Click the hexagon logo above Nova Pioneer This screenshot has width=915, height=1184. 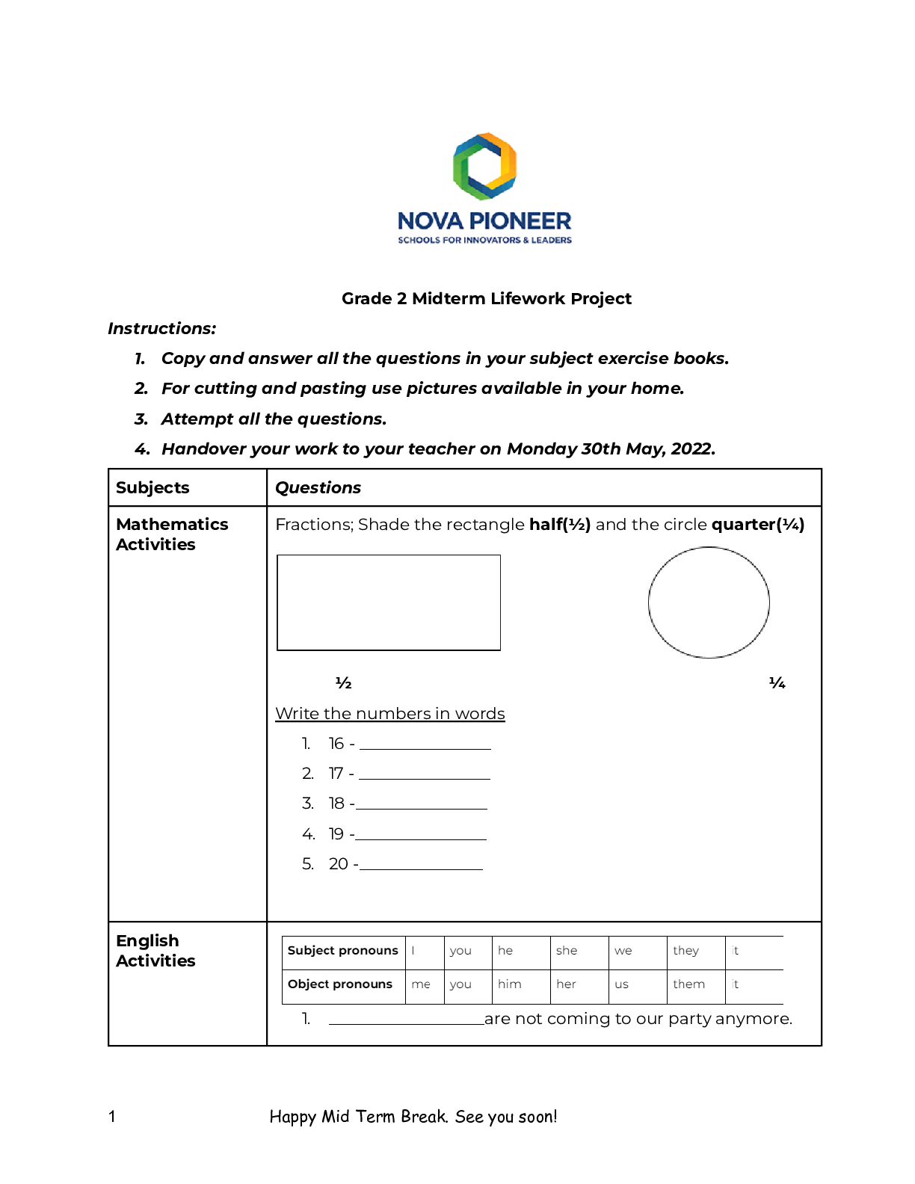click(484, 166)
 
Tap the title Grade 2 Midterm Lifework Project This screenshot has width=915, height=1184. click(486, 299)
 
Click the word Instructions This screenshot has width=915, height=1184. click(162, 329)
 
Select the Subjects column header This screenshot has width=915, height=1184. click(152, 488)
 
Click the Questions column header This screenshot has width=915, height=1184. click(318, 488)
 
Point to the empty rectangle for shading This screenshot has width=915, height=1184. click(389, 602)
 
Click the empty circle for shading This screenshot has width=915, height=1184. click(709, 602)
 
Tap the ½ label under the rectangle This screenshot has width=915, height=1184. click(343, 683)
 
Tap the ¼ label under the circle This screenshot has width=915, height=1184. click(777, 683)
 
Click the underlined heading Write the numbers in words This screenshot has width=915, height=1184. click(390, 714)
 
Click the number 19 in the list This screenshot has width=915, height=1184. click(336, 834)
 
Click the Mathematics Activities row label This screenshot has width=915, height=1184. click(172, 534)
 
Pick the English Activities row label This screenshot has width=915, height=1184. click(155, 951)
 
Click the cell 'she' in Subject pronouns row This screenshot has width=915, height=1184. click(567, 951)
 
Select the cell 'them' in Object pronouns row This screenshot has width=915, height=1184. click(688, 984)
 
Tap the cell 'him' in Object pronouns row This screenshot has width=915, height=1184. click(510, 984)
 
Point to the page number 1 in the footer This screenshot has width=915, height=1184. click(112, 1117)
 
